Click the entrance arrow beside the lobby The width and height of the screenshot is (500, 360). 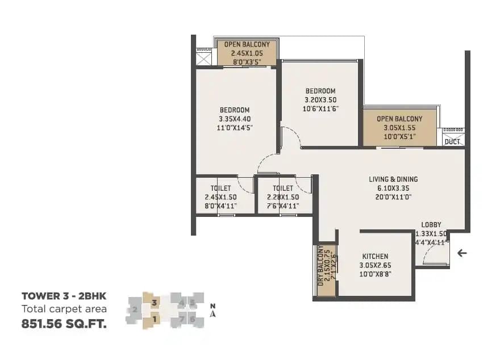[x=462, y=253]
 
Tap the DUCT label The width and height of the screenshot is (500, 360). [x=452, y=141]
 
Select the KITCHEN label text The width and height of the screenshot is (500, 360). [x=375, y=257]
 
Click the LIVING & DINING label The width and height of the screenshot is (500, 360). [x=393, y=179]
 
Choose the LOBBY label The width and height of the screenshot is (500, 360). [x=431, y=225]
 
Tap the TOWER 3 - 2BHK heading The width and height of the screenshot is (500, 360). [x=64, y=296]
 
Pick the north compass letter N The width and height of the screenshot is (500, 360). [x=212, y=305]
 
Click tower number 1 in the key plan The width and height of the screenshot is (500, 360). [x=154, y=319]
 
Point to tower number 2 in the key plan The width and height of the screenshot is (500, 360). [x=135, y=310]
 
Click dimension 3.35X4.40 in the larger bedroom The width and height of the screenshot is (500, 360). [x=235, y=119]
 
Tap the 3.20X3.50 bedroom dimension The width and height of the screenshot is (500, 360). [x=320, y=99]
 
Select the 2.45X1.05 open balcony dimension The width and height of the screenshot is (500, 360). [x=247, y=53]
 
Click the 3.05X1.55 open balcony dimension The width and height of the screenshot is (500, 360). [x=400, y=128]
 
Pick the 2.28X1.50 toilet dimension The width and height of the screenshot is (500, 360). [x=282, y=197]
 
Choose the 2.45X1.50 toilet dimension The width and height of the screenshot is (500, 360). [x=220, y=197]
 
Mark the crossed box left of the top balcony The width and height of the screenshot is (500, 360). [x=203, y=59]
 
